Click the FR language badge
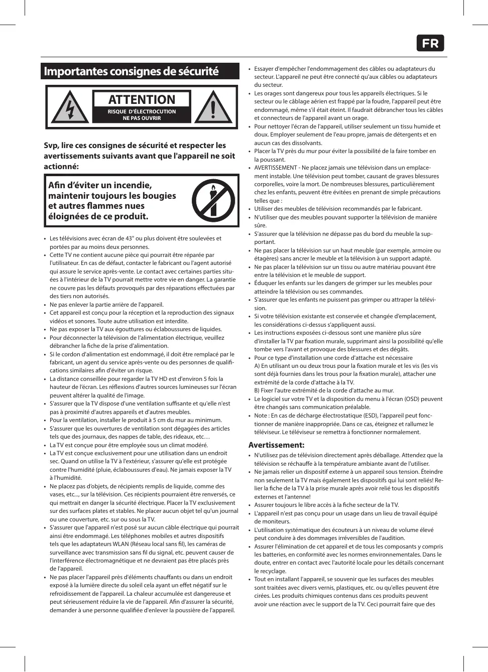click(x=430, y=43)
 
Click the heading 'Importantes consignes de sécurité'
click(x=131, y=71)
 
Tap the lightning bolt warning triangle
click(x=70, y=107)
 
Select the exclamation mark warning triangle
click(x=213, y=107)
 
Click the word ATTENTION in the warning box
click(x=142, y=99)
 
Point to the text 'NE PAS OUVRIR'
click(x=142, y=118)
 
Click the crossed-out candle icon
click(x=213, y=201)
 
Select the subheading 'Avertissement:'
click(x=276, y=445)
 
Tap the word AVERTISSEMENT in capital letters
click(x=276, y=168)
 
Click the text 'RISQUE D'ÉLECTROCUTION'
click(x=142, y=111)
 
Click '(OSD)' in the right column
click(x=412, y=399)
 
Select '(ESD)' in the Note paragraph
click(x=371, y=416)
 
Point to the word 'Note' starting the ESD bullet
click(x=261, y=416)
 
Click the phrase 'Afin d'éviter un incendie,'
click(x=100, y=185)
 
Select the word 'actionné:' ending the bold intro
click(x=61, y=167)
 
